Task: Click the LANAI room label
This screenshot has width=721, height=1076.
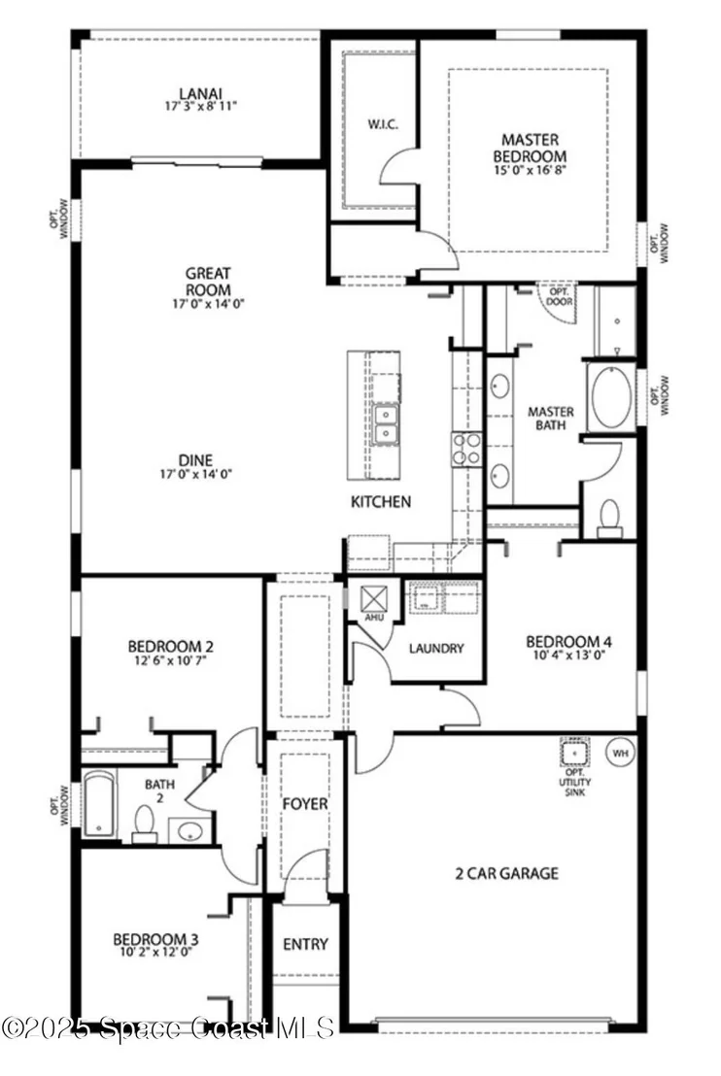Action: [201, 93]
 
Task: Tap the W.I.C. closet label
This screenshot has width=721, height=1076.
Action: [383, 125]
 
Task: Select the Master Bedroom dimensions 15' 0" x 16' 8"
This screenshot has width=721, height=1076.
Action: [530, 169]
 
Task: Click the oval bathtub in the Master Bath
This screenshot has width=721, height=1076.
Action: [611, 398]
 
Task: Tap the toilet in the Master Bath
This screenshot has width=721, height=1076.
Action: [609, 519]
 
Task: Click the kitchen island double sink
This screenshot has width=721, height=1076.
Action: [385, 424]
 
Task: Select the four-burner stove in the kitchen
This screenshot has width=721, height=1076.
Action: [466, 449]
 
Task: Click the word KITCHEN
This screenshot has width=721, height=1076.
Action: [381, 502]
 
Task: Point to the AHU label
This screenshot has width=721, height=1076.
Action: [373, 618]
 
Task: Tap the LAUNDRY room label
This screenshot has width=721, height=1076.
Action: [436, 649]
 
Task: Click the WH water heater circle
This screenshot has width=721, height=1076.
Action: [620, 754]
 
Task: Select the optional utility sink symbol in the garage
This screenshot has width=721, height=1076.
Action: [574, 753]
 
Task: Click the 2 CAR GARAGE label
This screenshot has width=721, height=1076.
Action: [507, 874]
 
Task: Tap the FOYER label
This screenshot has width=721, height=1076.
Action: [305, 803]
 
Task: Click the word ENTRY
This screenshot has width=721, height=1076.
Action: [305, 945]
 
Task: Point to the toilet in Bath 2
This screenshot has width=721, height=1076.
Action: [144, 824]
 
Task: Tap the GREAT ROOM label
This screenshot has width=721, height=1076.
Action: [208, 282]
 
